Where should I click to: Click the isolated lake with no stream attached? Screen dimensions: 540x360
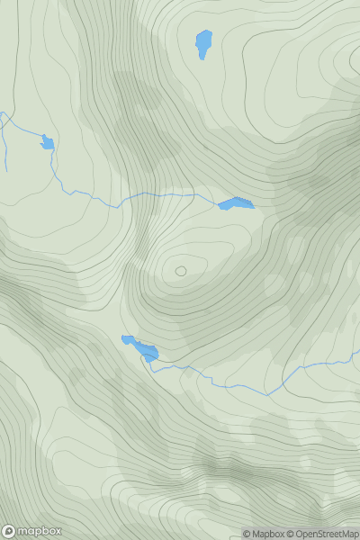coord(204,43)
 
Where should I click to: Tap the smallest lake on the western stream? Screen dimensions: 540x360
coord(47,142)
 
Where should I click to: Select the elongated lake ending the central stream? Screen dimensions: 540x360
coord(237,204)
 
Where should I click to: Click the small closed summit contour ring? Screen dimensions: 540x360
coord(181,270)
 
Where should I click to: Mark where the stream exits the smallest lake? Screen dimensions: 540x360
coord(52,148)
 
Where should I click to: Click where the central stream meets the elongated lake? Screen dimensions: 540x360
coord(220,203)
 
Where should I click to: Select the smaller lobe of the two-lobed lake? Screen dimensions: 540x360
coord(128,339)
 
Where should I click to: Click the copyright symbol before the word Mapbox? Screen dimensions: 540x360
coord(246,534)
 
